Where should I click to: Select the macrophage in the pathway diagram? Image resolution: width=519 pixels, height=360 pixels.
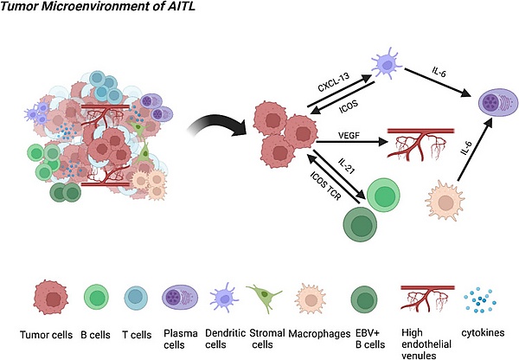[x=445, y=205]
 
